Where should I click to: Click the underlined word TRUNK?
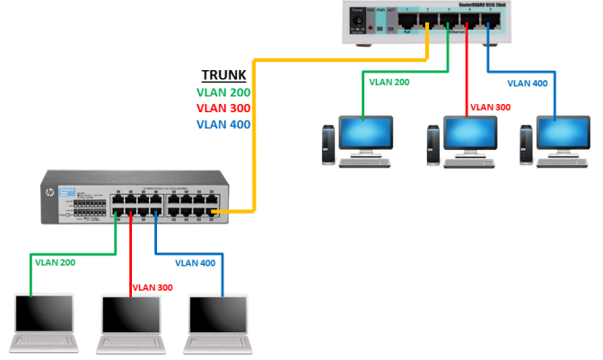pyautogui.click(x=222, y=76)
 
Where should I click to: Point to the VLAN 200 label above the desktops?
pyautogui.click(x=389, y=82)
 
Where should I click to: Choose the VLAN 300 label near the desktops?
pyautogui.click(x=491, y=107)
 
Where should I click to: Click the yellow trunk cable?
pyautogui.click(x=255, y=135)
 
